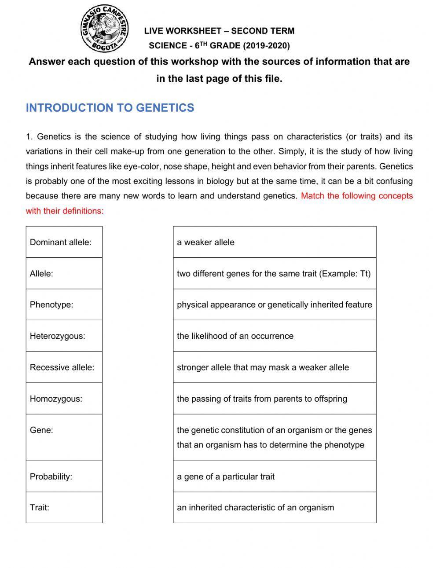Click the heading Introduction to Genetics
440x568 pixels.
(x=110, y=108)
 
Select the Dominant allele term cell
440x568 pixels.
(x=64, y=242)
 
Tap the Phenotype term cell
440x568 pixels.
(x=64, y=304)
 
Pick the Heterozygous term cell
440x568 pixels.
(x=64, y=336)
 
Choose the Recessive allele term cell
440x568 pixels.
(x=64, y=367)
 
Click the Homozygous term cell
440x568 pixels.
(x=64, y=399)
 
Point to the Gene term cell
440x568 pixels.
(x=64, y=437)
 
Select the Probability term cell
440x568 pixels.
(x=64, y=476)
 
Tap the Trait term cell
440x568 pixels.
(x=64, y=507)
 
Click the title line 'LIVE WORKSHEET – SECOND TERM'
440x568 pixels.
(x=219, y=31)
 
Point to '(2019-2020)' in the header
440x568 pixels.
(x=266, y=46)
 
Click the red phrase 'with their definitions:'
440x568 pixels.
(x=65, y=211)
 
